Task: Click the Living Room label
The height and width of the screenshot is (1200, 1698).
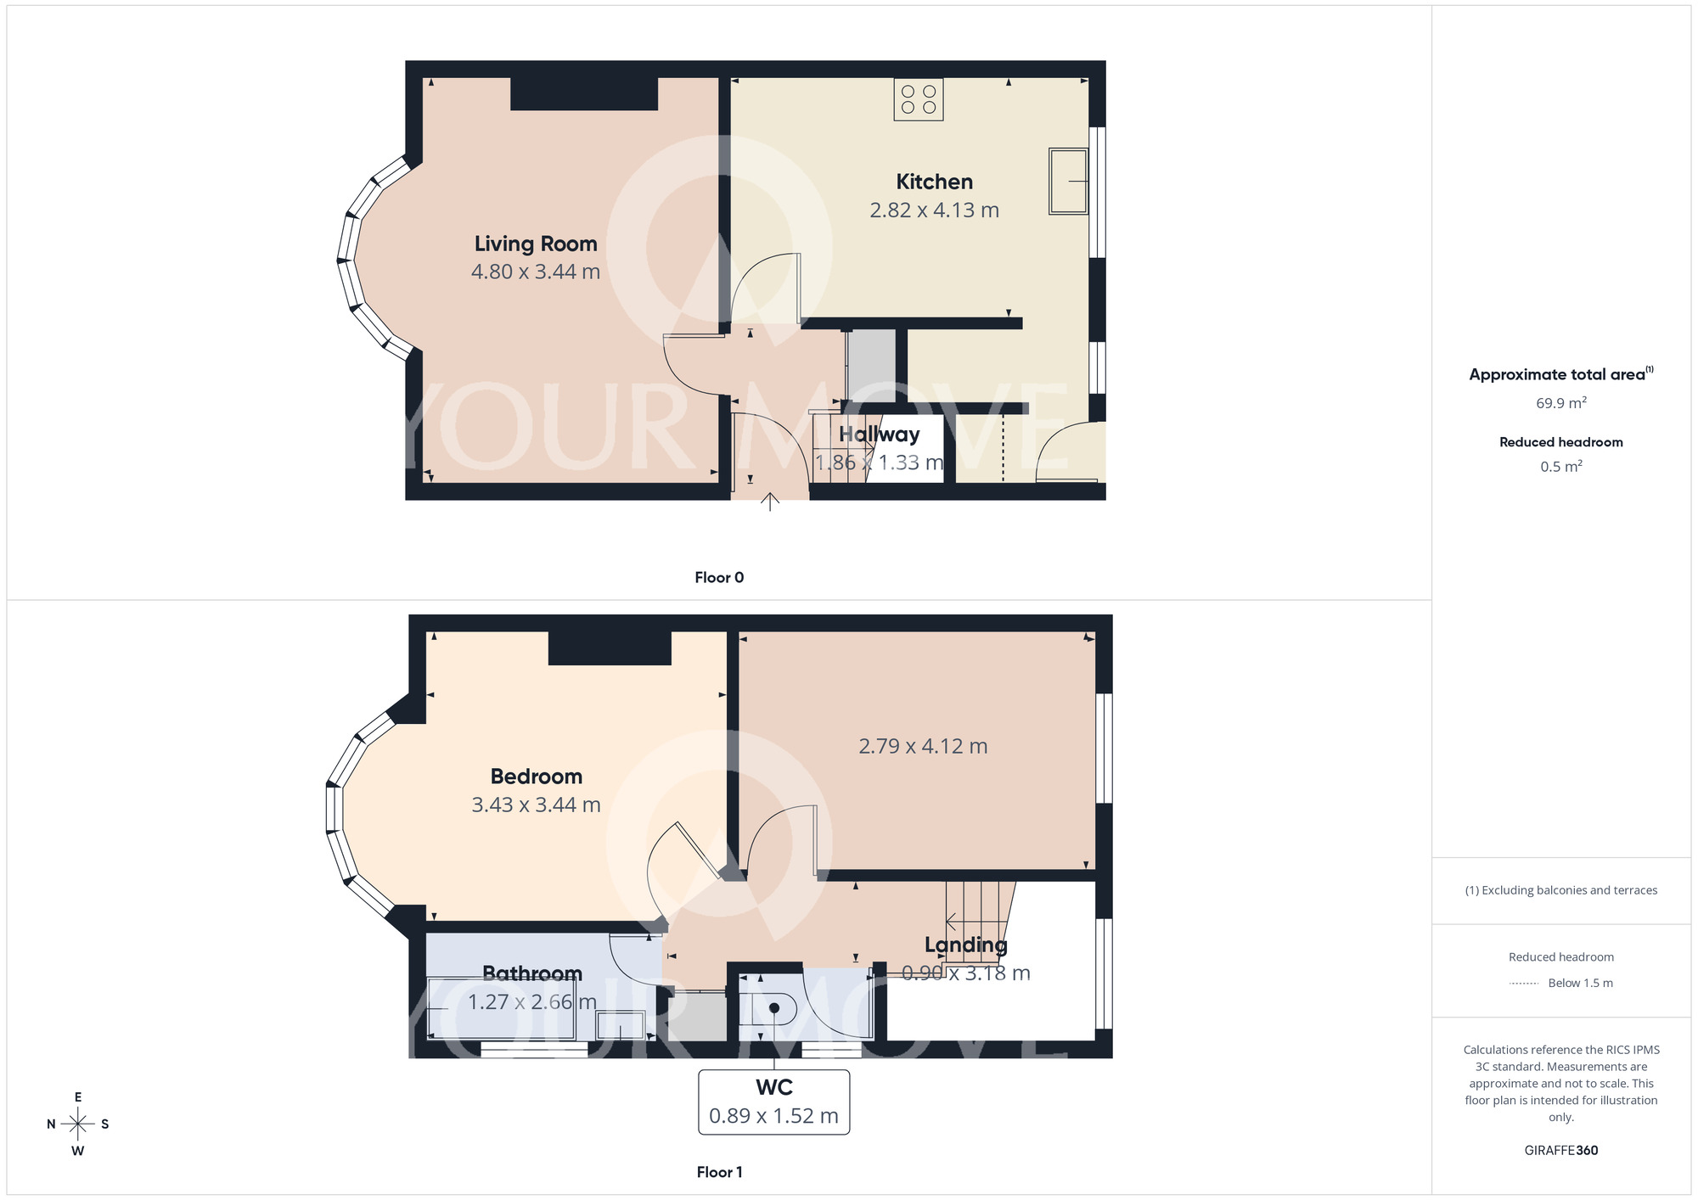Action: click(x=536, y=244)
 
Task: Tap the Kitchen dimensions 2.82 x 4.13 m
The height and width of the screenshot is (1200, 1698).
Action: click(x=934, y=210)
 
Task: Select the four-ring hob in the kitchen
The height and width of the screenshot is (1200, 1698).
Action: click(x=919, y=99)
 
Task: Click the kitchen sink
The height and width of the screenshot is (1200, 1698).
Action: click(x=1069, y=181)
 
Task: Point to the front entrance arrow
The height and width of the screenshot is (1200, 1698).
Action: click(x=770, y=502)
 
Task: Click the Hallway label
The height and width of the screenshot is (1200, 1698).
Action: click(x=879, y=435)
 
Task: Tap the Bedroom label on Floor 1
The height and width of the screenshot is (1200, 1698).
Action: click(x=537, y=777)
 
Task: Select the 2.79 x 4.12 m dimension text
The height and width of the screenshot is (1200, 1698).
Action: click(x=923, y=747)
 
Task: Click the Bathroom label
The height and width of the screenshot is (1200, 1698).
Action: click(x=532, y=973)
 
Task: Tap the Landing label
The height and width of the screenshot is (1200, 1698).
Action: click(x=965, y=945)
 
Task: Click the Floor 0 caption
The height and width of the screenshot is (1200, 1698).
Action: click(x=719, y=578)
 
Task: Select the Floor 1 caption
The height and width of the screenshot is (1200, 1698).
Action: click(x=719, y=1173)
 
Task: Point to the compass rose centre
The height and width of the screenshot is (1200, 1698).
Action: click(x=78, y=1124)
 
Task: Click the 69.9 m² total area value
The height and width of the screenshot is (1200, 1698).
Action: click(x=1560, y=403)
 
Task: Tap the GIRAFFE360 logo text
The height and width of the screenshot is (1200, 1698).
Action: click(x=1560, y=1151)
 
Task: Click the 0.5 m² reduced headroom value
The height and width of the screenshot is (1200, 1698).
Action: click(x=1560, y=467)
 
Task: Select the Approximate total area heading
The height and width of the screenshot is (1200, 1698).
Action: click(x=1557, y=375)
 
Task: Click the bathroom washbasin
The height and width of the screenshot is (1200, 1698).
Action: click(x=621, y=1025)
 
